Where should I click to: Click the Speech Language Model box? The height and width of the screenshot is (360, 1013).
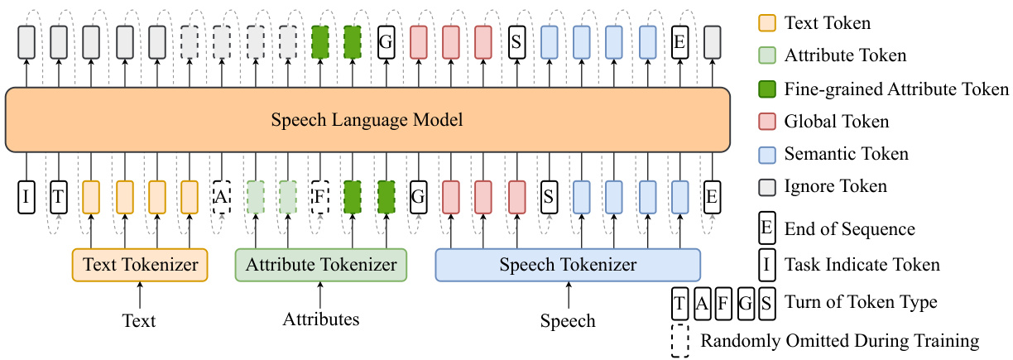click(x=367, y=120)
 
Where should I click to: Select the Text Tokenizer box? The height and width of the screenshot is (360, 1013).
click(x=139, y=265)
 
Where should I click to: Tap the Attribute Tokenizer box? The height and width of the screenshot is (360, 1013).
click(x=321, y=265)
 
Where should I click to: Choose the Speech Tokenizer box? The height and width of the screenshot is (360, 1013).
click(x=568, y=265)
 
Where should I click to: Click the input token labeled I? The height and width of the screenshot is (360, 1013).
click(x=26, y=196)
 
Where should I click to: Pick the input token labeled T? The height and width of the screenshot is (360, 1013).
click(x=59, y=196)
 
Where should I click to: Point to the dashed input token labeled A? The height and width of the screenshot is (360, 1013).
click(x=221, y=196)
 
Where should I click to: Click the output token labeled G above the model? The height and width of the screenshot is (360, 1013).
click(x=386, y=41)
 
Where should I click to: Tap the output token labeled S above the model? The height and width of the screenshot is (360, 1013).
click(x=516, y=41)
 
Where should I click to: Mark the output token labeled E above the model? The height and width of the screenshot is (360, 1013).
click(x=679, y=41)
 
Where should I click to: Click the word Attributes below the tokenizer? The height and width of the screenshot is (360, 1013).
click(x=321, y=319)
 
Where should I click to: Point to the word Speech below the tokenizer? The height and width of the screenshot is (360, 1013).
click(x=568, y=320)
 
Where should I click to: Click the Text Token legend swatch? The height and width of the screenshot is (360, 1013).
click(x=767, y=24)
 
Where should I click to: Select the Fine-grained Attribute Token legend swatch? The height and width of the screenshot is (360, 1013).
click(x=767, y=89)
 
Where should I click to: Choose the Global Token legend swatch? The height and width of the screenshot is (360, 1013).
click(x=767, y=122)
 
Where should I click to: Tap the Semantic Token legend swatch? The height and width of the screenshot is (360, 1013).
click(x=767, y=154)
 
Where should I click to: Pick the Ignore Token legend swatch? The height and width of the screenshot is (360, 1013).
click(x=767, y=186)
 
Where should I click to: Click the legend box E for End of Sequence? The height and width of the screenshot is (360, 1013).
click(x=767, y=229)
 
